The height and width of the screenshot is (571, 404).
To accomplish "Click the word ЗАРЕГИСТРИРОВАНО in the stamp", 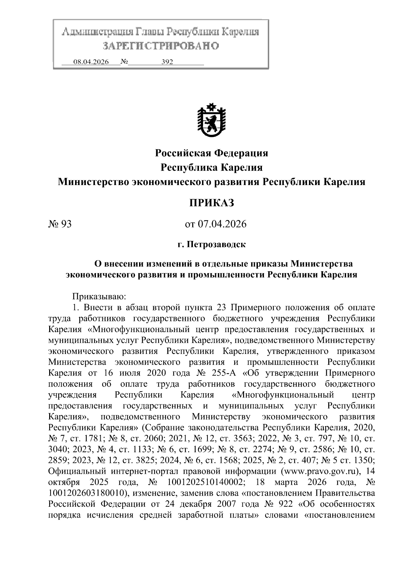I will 161,46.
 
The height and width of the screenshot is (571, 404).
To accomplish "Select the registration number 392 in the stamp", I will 167,62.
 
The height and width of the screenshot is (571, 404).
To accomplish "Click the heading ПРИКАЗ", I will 211,203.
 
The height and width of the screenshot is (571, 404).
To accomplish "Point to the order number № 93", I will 60,224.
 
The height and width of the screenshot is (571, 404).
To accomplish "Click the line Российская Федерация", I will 211,153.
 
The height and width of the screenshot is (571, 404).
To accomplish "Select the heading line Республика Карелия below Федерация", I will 211,168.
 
